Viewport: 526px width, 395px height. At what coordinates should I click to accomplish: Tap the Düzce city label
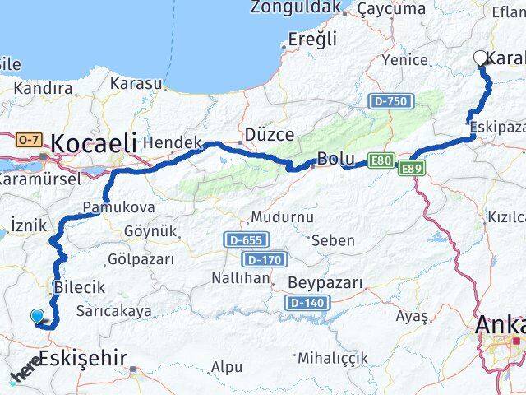tap(264, 134)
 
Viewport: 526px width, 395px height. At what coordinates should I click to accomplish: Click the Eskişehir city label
tap(83, 359)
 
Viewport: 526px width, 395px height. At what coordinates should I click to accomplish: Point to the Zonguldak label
tap(295, 7)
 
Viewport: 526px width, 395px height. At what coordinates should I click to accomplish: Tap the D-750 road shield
tap(390, 100)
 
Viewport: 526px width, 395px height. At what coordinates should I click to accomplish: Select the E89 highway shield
tap(412, 168)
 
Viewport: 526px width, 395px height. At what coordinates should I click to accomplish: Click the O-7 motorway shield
tap(29, 141)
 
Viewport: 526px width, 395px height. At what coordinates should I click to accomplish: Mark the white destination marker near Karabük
tap(481, 58)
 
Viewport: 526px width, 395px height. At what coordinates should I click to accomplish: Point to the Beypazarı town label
tap(325, 283)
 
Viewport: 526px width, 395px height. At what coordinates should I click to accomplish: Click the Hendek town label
tap(172, 143)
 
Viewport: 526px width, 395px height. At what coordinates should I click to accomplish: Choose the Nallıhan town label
tap(241, 278)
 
